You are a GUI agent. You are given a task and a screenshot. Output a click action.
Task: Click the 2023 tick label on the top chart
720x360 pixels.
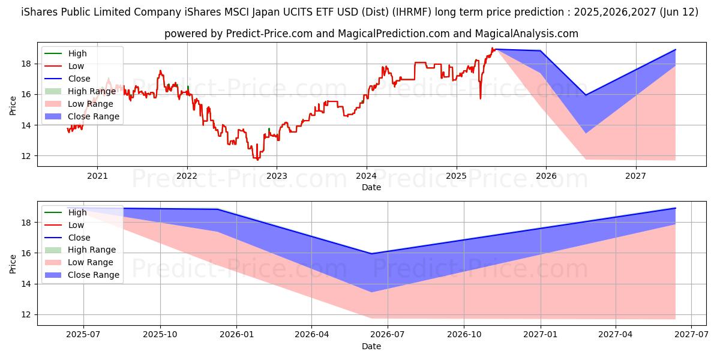point(277,176)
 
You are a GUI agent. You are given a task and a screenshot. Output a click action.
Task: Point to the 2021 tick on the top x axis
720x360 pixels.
point(97,176)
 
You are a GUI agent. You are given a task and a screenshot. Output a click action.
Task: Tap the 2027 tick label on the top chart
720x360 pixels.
point(635,176)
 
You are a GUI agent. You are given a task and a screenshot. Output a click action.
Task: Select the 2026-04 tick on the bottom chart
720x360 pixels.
point(312,335)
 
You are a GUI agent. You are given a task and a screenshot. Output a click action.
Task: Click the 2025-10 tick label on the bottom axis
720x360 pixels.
point(160,335)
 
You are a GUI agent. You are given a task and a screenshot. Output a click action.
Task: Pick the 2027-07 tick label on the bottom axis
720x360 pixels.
point(692,335)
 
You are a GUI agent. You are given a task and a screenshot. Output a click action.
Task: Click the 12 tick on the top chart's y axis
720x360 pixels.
point(28,156)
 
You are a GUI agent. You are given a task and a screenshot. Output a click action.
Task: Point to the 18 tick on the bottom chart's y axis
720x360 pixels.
point(28,223)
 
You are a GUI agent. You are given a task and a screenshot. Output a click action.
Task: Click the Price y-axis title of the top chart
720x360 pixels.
point(13,106)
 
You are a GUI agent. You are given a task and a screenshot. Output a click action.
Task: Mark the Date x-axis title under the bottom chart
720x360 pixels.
point(371,346)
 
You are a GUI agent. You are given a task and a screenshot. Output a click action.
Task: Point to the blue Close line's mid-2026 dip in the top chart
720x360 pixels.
point(586,95)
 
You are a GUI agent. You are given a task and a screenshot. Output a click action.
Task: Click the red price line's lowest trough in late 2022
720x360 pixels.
point(258,160)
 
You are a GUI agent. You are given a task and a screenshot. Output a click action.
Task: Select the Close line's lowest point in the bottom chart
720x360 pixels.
point(371,254)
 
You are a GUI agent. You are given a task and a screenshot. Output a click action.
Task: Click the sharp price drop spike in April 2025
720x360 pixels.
point(480,98)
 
